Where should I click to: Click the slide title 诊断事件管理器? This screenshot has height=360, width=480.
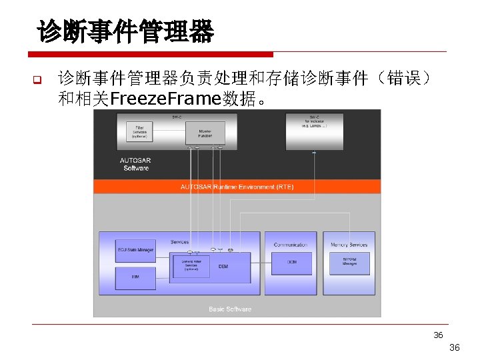126,31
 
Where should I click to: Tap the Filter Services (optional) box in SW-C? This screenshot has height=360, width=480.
139,131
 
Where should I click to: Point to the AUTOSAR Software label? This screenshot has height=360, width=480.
135,164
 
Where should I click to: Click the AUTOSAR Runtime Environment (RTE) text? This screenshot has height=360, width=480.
237,187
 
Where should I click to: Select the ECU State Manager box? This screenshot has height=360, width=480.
135,250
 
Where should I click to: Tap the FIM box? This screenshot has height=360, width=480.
135,275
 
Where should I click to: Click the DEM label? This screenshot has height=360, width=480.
223,266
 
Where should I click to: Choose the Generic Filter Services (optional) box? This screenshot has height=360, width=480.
191,265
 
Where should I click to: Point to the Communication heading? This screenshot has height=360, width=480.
291,245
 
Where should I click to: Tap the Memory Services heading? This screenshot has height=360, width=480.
349,245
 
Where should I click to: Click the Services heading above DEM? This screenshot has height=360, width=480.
179,242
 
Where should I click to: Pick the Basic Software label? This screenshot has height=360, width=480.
230,309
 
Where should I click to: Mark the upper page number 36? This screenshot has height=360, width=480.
438,335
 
